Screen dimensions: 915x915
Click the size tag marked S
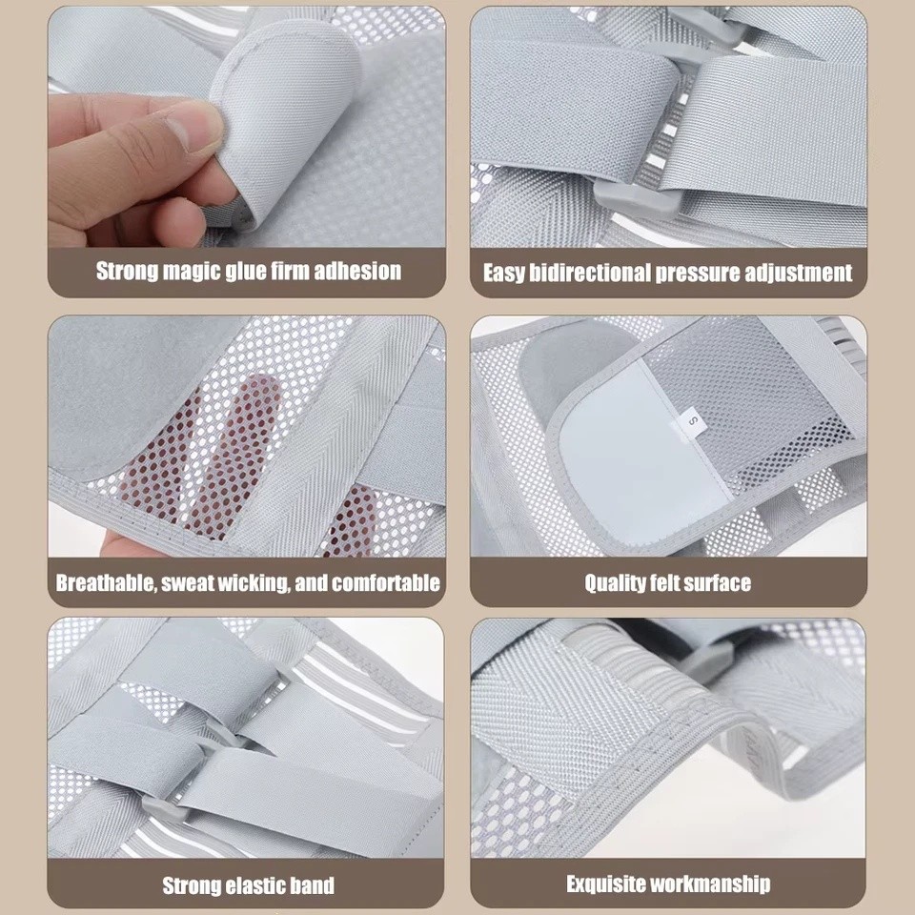click(x=693, y=420)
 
